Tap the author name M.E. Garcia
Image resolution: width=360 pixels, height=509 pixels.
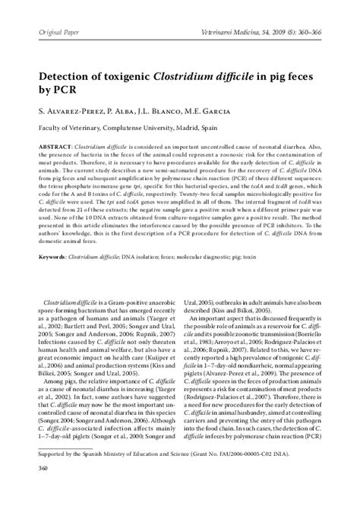(x=222, y=112)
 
